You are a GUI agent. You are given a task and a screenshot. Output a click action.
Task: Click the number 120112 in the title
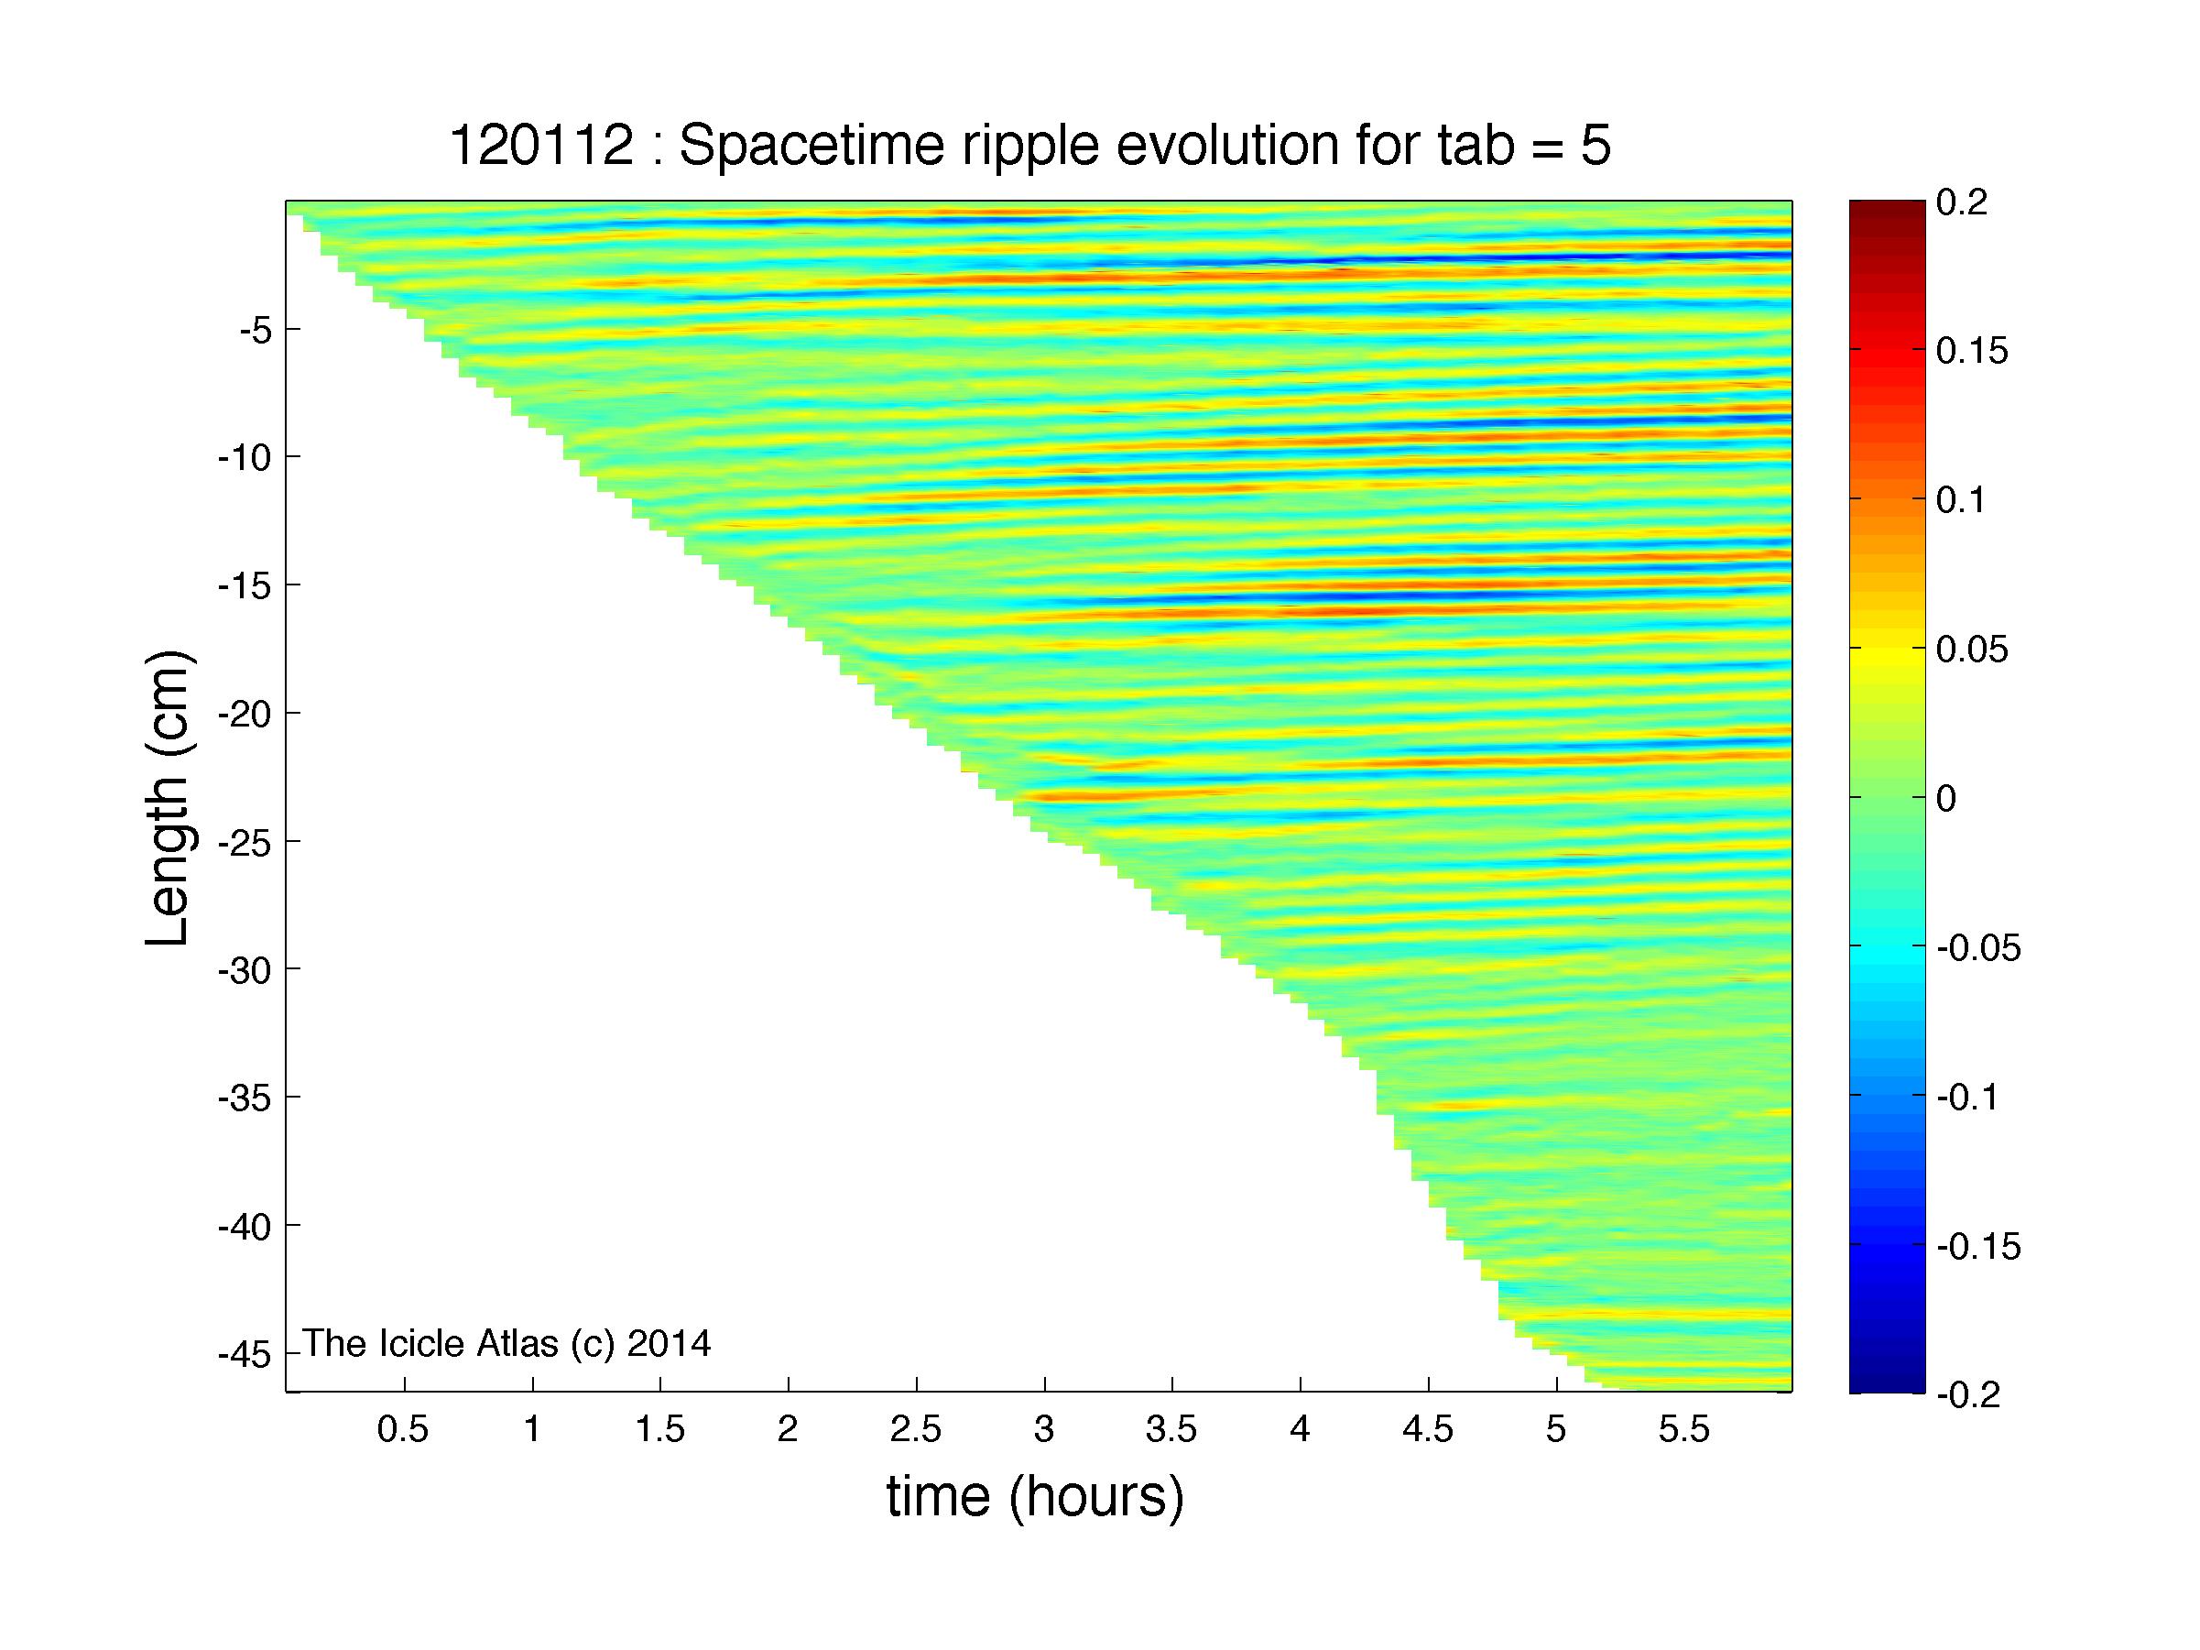tap(542, 147)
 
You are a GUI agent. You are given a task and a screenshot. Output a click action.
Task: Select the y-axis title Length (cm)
tap(167, 798)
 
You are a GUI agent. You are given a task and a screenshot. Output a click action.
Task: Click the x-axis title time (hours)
tap(1035, 1497)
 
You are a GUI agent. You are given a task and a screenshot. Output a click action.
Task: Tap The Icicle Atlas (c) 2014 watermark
tap(507, 1344)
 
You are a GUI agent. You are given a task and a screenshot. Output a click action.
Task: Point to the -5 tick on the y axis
tap(256, 329)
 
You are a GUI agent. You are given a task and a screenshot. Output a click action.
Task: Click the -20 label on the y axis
tap(245, 713)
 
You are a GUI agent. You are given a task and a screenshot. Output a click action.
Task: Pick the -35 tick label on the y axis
tap(245, 1097)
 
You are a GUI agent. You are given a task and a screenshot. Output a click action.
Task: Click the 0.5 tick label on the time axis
tap(403, 1430)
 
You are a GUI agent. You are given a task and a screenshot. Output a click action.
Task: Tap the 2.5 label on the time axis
tap(916, 1430)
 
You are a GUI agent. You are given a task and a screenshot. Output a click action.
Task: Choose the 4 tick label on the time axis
tap(1300, 1430)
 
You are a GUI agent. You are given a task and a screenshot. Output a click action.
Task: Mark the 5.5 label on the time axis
tap(1683, 1430)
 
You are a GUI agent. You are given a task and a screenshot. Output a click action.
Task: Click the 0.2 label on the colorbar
tap(1962, 202)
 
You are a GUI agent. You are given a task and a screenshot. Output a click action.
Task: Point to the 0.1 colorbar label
tap(1962, 500)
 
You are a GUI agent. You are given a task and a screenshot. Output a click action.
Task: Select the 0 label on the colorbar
tap(1946, 798)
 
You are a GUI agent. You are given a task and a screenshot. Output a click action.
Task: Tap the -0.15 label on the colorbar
tap(1979, 1245)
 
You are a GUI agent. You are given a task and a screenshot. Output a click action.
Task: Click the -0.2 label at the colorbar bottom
tap(1969, 1394)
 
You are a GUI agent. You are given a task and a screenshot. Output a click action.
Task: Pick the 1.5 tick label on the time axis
tap(659, 1430)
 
